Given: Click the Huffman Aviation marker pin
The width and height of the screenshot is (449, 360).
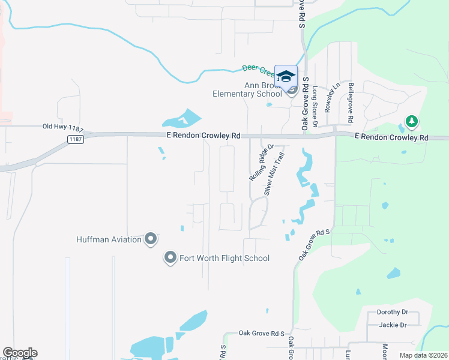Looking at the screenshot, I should click(151, 239).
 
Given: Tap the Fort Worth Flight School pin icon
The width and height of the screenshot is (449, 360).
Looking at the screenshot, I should click(170, 258).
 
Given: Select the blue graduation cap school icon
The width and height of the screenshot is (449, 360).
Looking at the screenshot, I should click(286, 76).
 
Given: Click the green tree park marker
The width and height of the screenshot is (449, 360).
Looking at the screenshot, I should click(411, 122).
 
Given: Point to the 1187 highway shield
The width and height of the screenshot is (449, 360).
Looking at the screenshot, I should click(74, 139).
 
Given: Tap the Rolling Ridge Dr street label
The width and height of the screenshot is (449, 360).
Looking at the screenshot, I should click(261, 163).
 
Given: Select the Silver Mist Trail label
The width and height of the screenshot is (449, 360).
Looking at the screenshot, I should click(274, 173).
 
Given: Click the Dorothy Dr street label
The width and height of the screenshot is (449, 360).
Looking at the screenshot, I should click(392, 312).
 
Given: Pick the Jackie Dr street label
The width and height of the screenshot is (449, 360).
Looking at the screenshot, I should click(393, 325).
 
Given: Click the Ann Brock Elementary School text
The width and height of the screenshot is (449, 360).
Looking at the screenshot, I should click(247, 89).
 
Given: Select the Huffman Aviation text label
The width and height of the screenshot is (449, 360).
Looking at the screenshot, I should click(109, 239).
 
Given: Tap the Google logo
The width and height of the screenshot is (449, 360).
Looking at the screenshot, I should click(19, 353).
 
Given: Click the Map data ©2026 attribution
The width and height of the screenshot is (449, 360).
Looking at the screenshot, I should click(423, 355).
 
